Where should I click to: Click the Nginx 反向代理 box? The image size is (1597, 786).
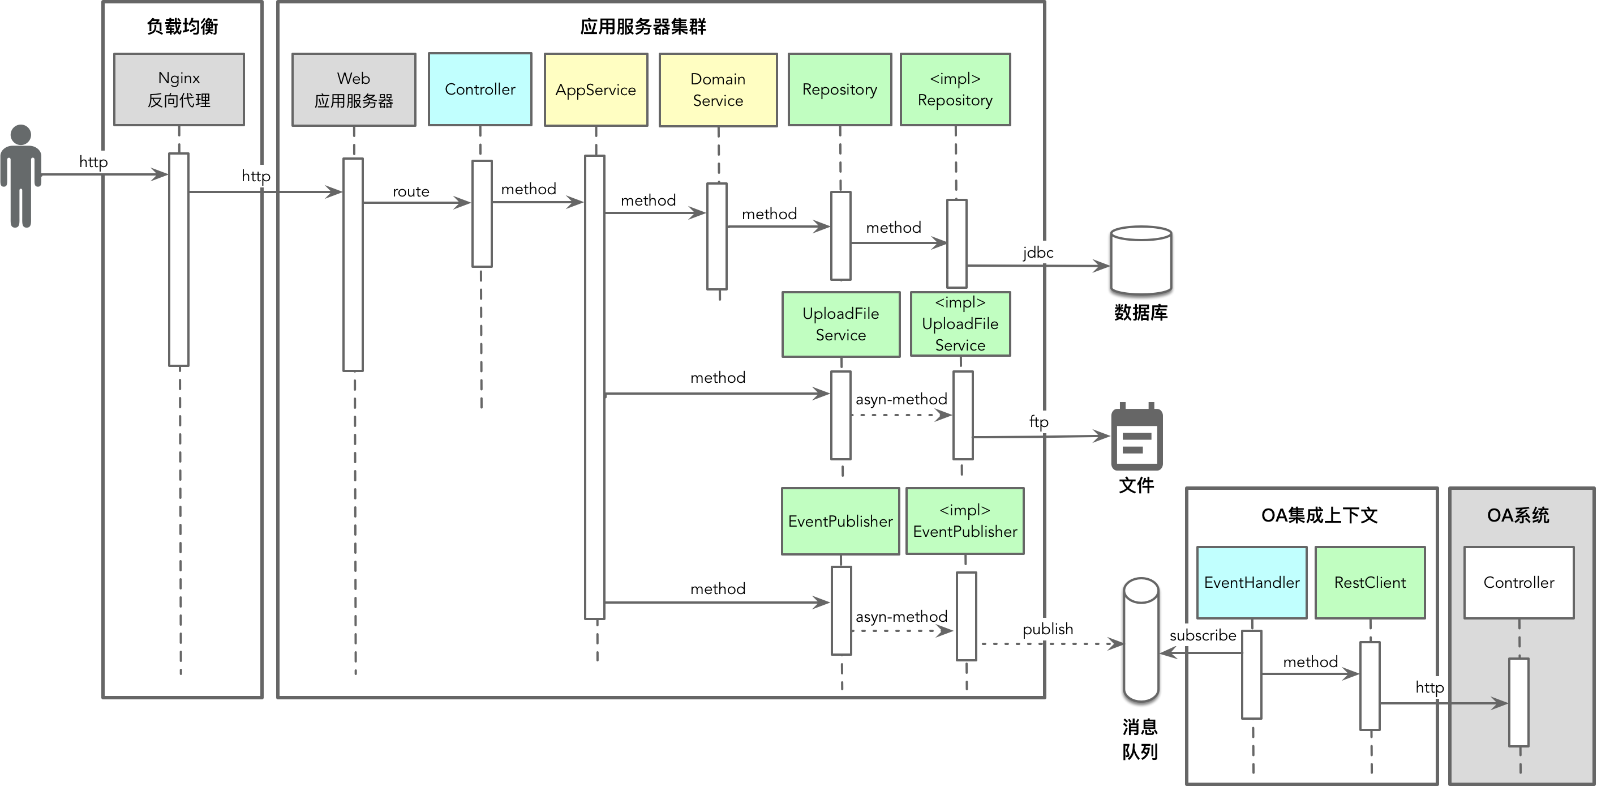pos(179,89)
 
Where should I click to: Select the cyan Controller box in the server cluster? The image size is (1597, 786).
pos(480,89)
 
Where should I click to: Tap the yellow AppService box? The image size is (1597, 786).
pos(596,90)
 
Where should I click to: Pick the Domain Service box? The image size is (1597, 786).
pos(718,90)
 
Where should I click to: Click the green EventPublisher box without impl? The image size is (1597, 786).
pos(840,521)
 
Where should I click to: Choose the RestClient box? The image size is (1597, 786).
pos(1370,583)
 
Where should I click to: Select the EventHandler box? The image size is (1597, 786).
pos(1252,583)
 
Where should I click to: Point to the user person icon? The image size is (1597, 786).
pos(21,176)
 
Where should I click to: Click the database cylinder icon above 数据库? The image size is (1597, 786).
pos(1141,260)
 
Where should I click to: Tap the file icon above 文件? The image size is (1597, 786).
pos(1136,437)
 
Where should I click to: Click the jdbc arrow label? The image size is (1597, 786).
pos(1038,253)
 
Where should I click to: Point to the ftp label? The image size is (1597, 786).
pos(1038,422)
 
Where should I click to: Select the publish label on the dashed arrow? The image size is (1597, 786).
pos(1048,629)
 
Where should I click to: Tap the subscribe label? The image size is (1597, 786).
pos(1203,635)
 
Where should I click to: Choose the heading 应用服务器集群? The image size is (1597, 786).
pos(643,27)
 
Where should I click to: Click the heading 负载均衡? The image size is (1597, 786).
pos(182,27)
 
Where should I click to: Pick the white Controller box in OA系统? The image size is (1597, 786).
pos(1519,583)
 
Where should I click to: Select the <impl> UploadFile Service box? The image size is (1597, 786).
pos(960,324)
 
